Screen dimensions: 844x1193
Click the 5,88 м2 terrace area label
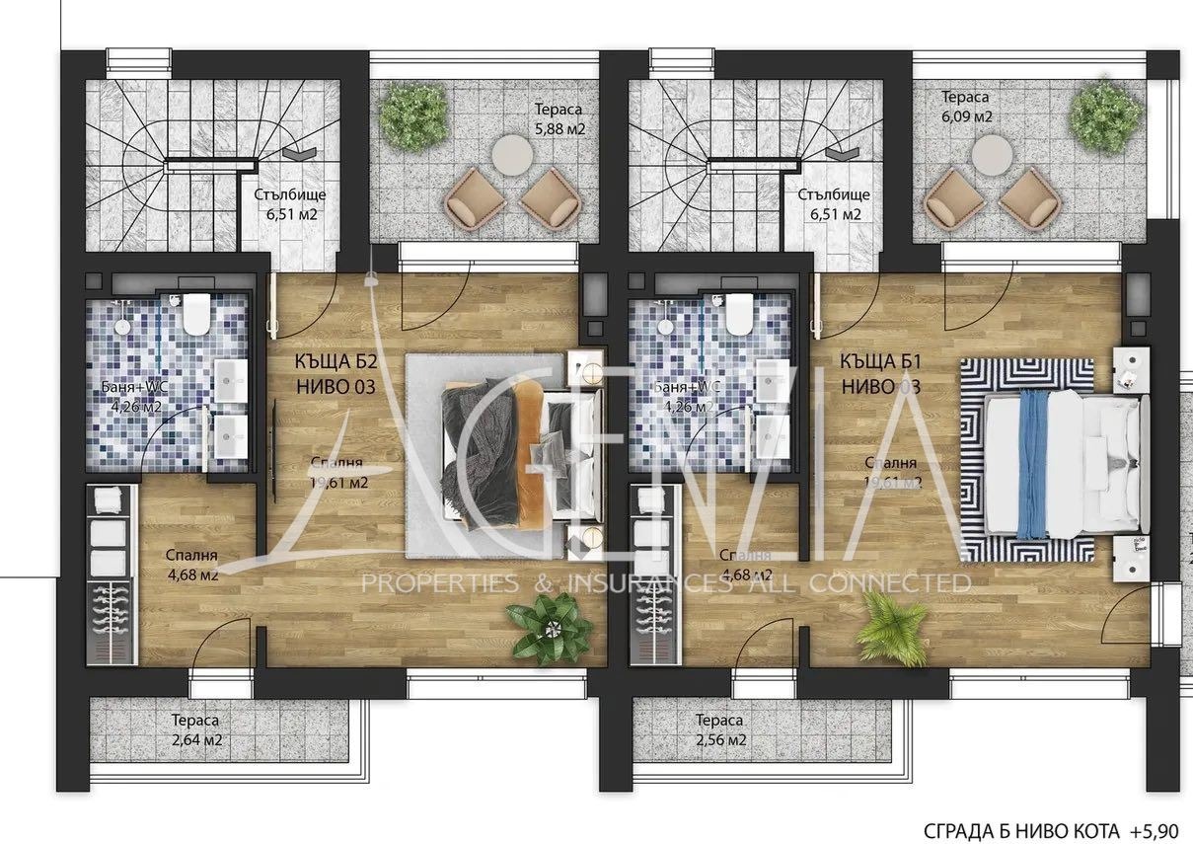pyautogui.click(x=558, y=118)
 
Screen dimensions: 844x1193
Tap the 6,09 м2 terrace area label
pyautogui.click(x=966, y=107)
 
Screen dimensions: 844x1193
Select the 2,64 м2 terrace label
pyautogui.click(x=193, y=730)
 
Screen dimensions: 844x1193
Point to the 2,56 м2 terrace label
pyautogui.click(x=719, y=730)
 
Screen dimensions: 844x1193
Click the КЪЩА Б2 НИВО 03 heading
pyautogui.click(x=336, y=375)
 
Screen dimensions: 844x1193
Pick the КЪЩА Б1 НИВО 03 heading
pyautogui.click(x=881, y=375)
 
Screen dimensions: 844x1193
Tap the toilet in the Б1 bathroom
pyautogui.click(x=738, y=313)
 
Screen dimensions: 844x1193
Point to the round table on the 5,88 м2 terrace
pyautogui.click(x=511, y=153)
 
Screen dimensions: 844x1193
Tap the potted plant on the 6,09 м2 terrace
pyautogui.click(x=1105, y=116)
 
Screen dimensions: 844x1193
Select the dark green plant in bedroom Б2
pyautogui.click(x=539, y=629)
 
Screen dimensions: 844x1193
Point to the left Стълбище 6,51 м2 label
pyautogui.click(x=288, y=203)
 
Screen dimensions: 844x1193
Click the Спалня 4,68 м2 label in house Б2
pyautogui.click(x=192, y=565)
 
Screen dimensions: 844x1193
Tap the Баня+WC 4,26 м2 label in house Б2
pyautogui.click(x=131, y=396)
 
